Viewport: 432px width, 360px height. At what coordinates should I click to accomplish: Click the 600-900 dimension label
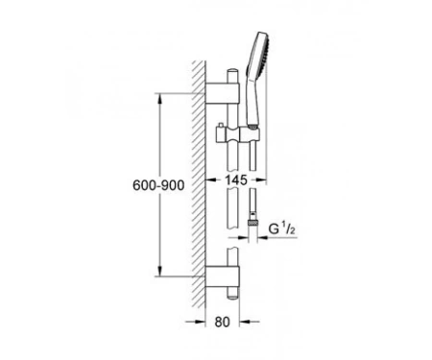click(x=158, y=185)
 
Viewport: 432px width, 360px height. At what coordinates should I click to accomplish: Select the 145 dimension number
click(x=236, y=180)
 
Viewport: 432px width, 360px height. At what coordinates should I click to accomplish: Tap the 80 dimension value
click(x=222, y=322)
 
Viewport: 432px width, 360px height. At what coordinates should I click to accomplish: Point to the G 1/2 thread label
click(x=281, y=228)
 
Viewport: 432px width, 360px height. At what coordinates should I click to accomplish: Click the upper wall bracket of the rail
click(x=222, y=93)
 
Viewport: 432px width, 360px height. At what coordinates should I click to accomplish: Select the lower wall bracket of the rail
click(x=222, y=276)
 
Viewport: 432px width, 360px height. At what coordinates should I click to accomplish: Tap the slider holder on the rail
click(x=237, y=133)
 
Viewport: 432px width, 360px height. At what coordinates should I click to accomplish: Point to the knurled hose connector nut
click(x=252, y=223)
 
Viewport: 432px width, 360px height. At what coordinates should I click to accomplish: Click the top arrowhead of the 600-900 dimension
click(x=160, y=98)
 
